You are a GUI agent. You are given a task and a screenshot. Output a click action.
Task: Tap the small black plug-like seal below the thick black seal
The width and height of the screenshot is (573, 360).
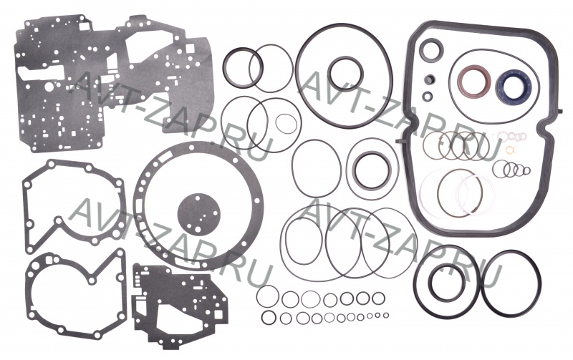[430, 79]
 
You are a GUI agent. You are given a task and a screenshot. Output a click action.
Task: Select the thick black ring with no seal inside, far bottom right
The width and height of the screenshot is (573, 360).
[485, 283]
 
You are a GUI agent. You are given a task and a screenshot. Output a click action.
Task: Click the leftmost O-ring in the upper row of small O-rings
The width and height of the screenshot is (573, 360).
[258, 296]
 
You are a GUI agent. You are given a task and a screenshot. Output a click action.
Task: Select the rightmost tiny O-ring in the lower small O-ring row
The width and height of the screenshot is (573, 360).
[386, 315]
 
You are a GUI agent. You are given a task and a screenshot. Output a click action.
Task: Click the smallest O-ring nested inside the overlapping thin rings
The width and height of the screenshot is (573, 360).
[276, 124]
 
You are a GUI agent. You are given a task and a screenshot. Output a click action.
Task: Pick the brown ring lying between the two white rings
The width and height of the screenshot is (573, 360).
[438, 193]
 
